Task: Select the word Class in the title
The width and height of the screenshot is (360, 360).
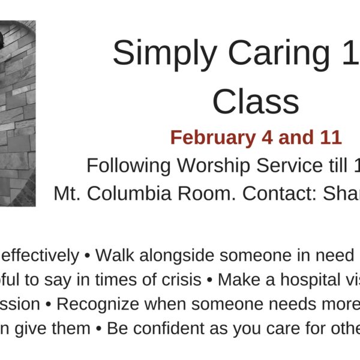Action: pyautogui.click(x=256, y=101)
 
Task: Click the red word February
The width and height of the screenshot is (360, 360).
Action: pyautogui.click(x=213, y=138)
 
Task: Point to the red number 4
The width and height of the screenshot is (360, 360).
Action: pyautogui.click(x=268, y=137)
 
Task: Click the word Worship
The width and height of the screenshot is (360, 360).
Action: pyautogui.click(x=213, y=166)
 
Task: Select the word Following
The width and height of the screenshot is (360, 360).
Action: pyautogui.click(x=128, y=166)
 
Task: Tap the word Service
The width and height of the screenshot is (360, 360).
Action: pyautogui.click(x=290, y=166)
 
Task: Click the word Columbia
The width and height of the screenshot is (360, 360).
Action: pyautogui.click(x=129, y=194)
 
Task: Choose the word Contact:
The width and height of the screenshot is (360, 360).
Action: pyautogui.click(x=280, y=194)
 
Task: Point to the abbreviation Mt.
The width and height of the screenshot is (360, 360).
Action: pyautogui.click(x=67, y=194)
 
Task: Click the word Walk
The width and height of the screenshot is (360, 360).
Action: pyautogui.click(x=115, y=255)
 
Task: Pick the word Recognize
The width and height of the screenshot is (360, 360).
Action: pyautogui.click(x=98, y=304)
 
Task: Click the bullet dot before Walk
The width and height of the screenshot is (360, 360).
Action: pyautogui.click(x=87, y=256)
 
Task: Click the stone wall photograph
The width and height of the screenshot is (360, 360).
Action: pyautogui.click(x=17, y=113)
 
